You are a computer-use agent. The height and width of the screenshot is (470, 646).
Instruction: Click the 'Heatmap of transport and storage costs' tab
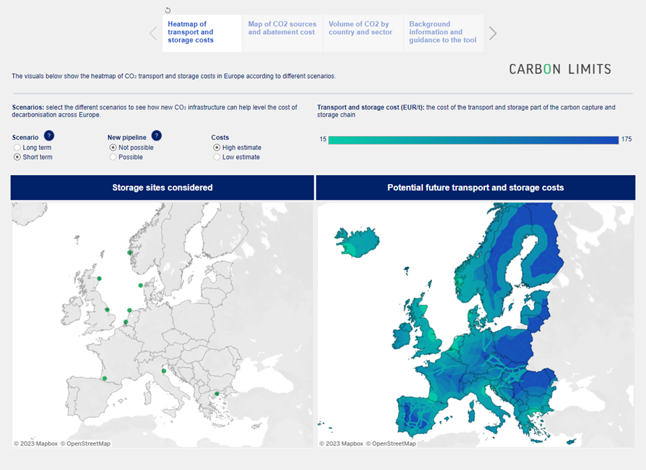(202, 33)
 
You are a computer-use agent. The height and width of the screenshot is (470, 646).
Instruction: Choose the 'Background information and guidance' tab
(443, 33)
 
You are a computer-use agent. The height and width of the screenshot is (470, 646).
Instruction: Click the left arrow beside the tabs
(154, 33)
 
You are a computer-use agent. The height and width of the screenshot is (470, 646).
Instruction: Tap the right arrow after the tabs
(493, 33)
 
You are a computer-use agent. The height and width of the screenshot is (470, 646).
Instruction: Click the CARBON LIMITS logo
(560, 69)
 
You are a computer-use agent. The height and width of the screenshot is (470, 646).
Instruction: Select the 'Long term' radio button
(17, 148)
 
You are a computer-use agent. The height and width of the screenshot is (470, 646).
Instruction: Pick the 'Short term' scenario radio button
(17, 158)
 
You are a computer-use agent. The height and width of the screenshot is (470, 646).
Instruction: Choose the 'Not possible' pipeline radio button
(113, 148)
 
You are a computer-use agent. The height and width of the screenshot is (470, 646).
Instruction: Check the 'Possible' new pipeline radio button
(113, 158)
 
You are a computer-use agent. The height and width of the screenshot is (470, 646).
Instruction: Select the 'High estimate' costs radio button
(217, 148)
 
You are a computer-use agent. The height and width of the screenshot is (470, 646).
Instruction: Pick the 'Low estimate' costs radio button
(217, 158)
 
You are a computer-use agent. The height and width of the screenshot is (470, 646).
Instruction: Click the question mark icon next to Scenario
(49, 136)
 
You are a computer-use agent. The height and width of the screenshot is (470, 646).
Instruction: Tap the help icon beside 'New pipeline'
(156, 136)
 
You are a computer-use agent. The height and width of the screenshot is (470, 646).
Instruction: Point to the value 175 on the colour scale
(626, 139)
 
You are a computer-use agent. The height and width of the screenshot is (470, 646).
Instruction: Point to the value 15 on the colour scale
(323, 139)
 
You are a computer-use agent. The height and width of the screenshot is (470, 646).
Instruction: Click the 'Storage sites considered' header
(162, 188)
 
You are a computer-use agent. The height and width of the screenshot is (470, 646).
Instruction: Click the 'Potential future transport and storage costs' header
(475, 188)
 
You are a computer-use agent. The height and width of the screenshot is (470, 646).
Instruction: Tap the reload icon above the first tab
(168, 10)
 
